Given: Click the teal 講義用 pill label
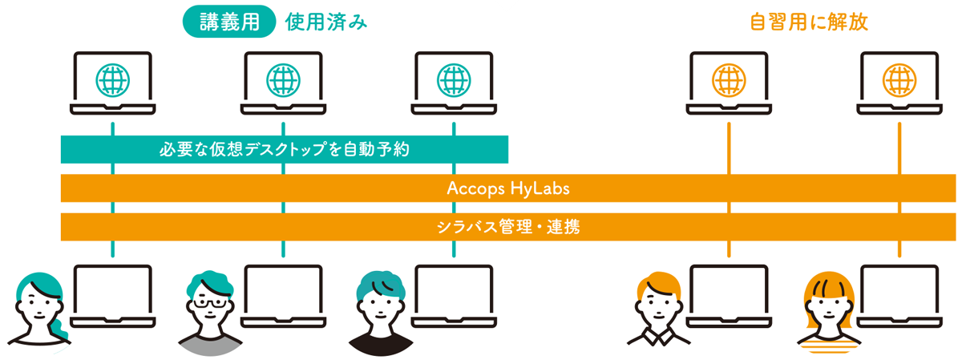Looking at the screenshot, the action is pyautogui.click(x=229, y=22).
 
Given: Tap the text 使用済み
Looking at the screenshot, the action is pyautogui.click(x=326, y=22).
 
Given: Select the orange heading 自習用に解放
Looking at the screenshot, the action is pyautogui.click(x=809, y=22).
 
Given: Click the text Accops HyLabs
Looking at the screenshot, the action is pyautogui.click(x=508, y=188).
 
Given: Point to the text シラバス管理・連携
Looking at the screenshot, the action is pyautogui.click(x=508, y=226).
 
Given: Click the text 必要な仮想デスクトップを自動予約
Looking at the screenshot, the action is pyautogui.click(x=285, y=149).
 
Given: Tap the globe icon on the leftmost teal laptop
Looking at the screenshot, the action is pyautogui.click(x=112, y=80).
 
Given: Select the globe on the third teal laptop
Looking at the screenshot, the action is pyautogui.click(x=454, y=80).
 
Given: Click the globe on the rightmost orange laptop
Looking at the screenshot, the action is pyautogui.click(x=899, y=80).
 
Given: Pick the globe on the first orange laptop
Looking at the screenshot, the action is pyautogui.click(x=729, y=80).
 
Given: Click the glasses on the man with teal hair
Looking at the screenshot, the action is pyautogui.click(x=209, y=303).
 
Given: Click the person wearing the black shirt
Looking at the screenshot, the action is pyautogui.click(x=381, y=313).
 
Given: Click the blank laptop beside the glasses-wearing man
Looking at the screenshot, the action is pyautogui.click(x=283, y=297).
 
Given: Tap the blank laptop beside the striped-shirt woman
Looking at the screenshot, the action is pyautogui.click(x=899, y=297).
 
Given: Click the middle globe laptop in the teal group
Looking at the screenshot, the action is pyautogui.click(x=283, y=83).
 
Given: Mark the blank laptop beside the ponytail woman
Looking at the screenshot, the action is pyautogui.click(x=112, y=297).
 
